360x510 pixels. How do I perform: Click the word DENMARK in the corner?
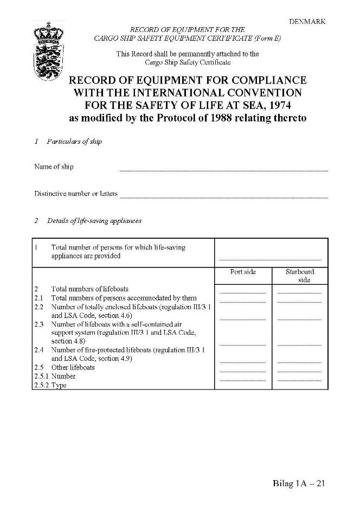307,22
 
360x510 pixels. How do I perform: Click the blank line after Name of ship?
223,169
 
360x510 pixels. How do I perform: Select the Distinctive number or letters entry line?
223,196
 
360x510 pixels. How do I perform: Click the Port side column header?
243,272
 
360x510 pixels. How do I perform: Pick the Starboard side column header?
300,276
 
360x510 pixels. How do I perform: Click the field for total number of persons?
270,258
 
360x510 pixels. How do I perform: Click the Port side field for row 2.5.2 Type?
243,379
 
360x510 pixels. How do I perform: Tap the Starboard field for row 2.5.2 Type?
299,379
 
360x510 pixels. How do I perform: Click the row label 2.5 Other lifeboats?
73,367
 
